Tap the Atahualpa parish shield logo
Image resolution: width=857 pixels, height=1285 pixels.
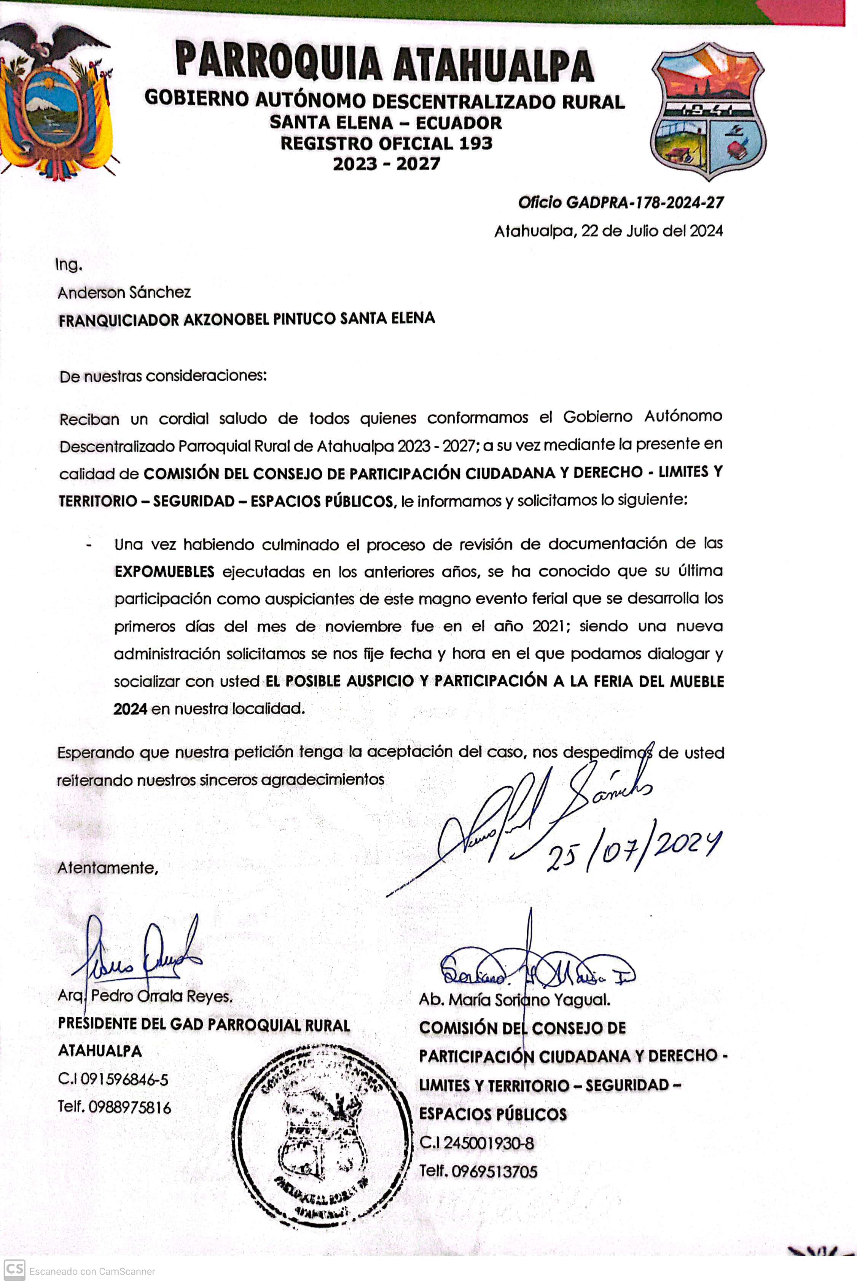pos(708,112)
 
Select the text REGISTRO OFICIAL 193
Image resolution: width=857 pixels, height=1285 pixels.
pos(386,143)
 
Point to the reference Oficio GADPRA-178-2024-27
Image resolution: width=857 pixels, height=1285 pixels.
pos(620,203)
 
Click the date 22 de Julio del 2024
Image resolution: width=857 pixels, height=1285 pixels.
pos(652,231)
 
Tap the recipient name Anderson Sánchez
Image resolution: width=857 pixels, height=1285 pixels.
pos(124,293)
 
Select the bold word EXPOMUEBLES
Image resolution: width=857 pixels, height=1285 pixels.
pos(164,572)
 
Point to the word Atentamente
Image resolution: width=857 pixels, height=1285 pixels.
pos(108,868)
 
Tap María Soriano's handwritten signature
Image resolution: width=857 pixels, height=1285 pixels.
pos(536,970)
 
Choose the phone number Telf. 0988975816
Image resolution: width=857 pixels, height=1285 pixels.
pos(114,1107)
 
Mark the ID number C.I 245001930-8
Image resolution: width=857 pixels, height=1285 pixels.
pos(476,1143)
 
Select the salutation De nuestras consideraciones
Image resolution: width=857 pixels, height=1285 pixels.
pos(163,376)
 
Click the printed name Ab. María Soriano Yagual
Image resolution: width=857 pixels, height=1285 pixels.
pos(514,1000)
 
